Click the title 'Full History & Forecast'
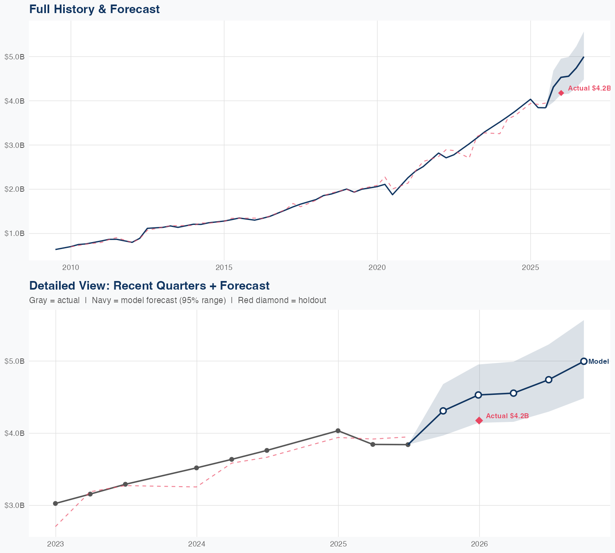(x=94, y=9)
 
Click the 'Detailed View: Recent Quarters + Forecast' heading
(x=149, y=286)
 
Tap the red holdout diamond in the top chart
(x=561, y=93)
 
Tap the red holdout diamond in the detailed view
(x=479, y=420)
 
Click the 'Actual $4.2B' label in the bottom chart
(x=507, y=416)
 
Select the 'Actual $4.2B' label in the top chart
(x=589, y=88)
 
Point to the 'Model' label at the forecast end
(x=599, y=362)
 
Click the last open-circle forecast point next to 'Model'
(x=584, y=361)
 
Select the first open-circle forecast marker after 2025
(x=443, y=411)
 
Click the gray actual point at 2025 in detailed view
(x=338, y=431)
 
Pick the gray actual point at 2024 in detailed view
(x=196, y=468)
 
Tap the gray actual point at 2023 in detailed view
(x=55, y=503)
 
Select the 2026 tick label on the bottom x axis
(x=479, y=544)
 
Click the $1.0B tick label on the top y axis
(x=14, y=233)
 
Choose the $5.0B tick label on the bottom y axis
(x=14, y=361)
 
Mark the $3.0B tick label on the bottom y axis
(x=14, y=505)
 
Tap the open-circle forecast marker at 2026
(x=478, y=395)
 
